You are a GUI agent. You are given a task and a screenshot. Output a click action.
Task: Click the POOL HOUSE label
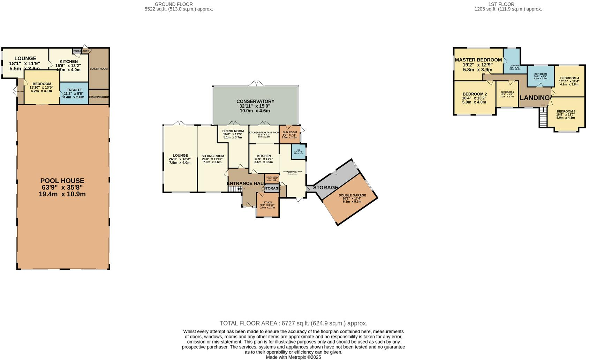pos(62,181)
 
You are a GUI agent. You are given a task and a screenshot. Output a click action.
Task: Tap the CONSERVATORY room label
pos(255,102)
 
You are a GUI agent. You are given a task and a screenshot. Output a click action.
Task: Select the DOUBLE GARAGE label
pos(352,195)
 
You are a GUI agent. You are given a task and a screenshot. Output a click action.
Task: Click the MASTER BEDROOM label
pos(478,60)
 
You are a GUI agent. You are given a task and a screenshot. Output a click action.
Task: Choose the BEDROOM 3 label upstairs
pos(565,112)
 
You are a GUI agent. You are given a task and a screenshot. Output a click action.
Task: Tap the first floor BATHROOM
pos(541,74)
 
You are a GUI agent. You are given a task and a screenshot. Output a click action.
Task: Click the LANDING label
pos(535,98)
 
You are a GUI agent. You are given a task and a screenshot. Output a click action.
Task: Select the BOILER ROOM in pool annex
pos(99,69)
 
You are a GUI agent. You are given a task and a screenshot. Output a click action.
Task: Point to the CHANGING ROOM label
pos(99,97)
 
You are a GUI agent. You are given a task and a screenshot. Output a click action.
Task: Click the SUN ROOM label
pos(289,132)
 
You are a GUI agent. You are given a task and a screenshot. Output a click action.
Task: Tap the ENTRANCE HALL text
pos(246,183)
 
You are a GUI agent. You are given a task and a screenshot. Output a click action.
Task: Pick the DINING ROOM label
pos(233,131)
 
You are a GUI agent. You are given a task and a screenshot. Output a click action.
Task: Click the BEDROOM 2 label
pos(475,94)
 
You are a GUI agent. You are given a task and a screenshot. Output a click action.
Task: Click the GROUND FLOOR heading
pos(174,4)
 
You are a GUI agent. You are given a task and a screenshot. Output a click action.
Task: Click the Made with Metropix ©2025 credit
pos(293,357)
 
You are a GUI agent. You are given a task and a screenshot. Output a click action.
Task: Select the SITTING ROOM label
pos(212,156)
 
